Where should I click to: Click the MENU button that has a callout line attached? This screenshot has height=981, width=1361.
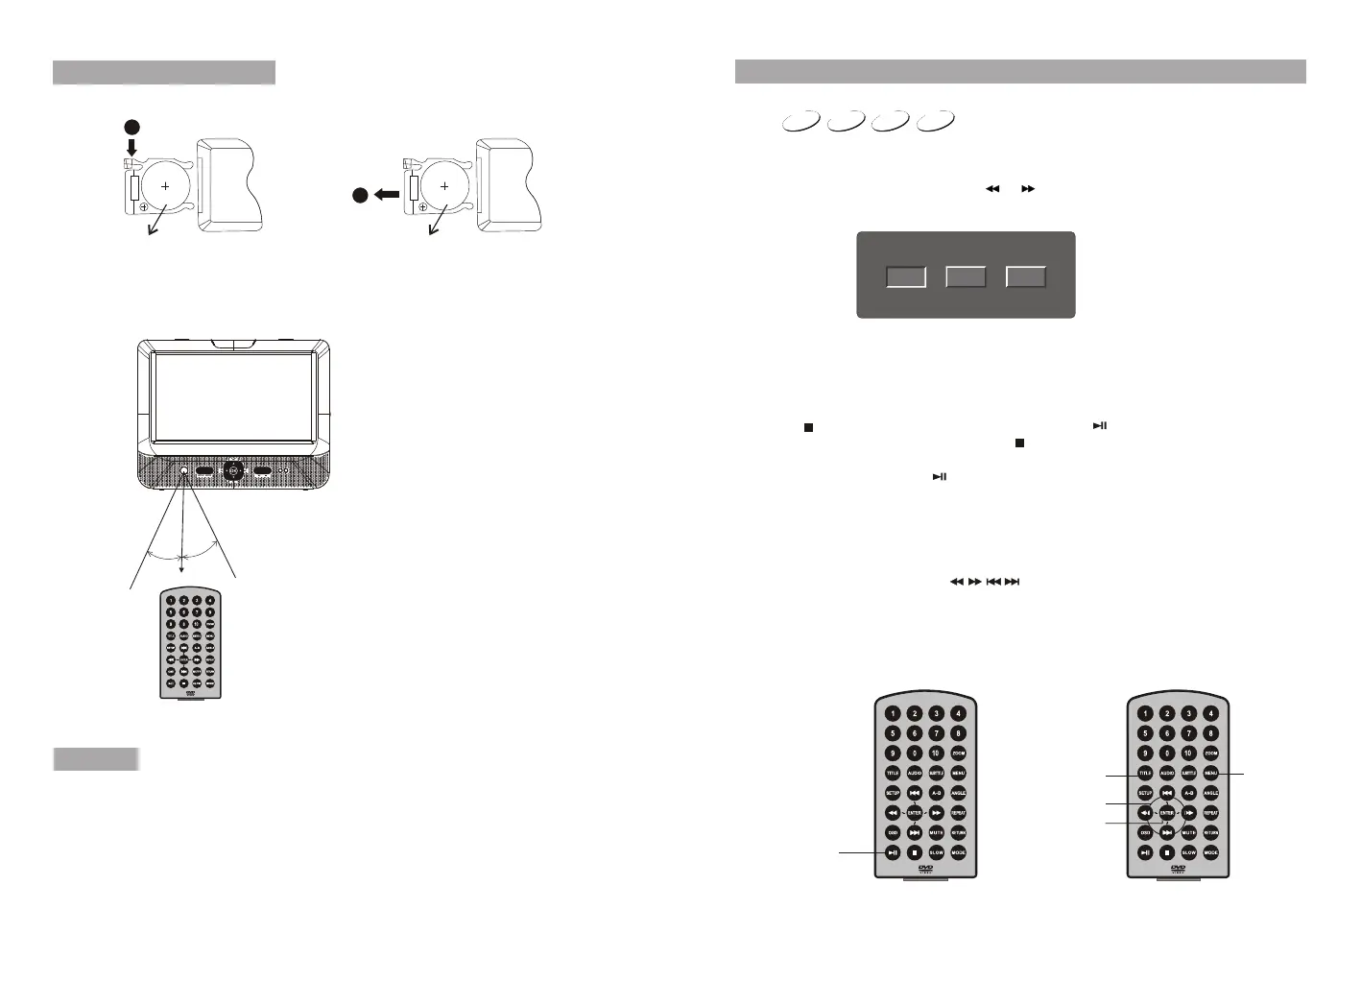click(1210, 773)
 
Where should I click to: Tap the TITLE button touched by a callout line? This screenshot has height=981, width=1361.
click(1145, 773)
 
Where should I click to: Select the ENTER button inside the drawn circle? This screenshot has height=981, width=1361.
click(1167, 813)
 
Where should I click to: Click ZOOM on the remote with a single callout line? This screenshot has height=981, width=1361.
click(958, 754)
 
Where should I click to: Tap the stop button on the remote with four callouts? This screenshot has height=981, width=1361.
click(1167, 852)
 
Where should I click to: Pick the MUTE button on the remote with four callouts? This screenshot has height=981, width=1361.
click(1189, 833)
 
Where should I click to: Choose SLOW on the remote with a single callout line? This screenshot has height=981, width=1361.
click(936, 852)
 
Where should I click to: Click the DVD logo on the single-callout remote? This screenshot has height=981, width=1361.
click(925, 869)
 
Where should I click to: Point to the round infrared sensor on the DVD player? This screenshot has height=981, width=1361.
click(182, 471)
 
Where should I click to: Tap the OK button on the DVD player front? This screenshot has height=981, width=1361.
click(232, 471)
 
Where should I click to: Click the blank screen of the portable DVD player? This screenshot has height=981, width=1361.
click(233, 394)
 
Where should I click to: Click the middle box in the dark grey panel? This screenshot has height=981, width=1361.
click(966, 276)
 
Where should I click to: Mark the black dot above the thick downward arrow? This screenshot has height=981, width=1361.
click(132, 127)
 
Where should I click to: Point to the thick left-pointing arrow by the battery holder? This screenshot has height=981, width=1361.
click(387, 194)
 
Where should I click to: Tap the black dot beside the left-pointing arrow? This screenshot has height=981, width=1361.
click(359, 194)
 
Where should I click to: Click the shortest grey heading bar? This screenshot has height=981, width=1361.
click(96, 759)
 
